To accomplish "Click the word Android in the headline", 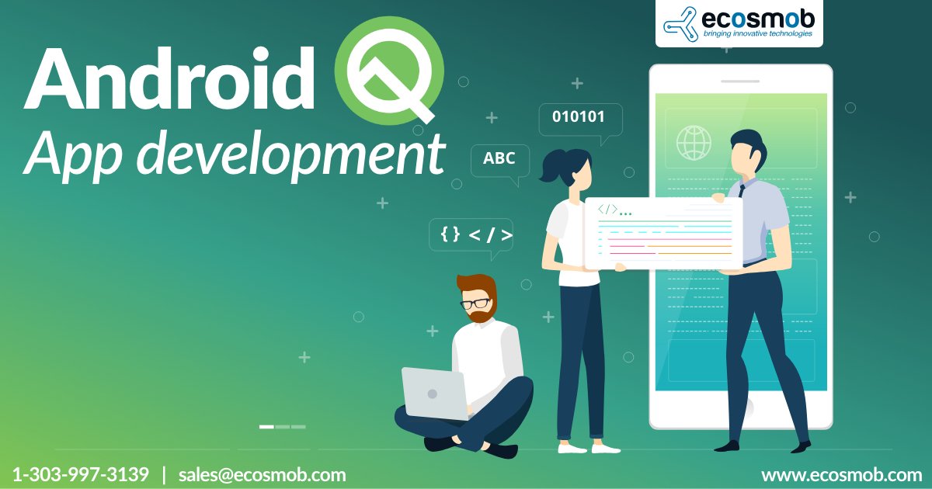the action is tap(169, 78).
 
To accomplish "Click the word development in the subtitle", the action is tap(291, 154).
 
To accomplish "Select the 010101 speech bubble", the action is tap(580, 120).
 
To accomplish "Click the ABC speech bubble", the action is tap(500, 161).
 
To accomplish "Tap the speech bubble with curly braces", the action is tap(471, 236).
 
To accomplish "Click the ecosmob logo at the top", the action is tap(739, 23).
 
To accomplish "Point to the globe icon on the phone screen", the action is tap(694, 143).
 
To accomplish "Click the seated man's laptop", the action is tap(435, 394).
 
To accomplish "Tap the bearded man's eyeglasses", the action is tap(475, 303).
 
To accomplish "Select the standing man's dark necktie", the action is tap(742, 190).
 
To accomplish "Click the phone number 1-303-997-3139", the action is tap(80, 474).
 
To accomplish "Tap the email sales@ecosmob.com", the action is tap(263, 475).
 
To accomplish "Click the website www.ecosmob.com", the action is tap(842, 475).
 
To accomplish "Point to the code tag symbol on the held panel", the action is tap(608, 209).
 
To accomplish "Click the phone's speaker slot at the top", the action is tap(740, 81).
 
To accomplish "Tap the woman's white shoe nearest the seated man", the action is tap(572, 449).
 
